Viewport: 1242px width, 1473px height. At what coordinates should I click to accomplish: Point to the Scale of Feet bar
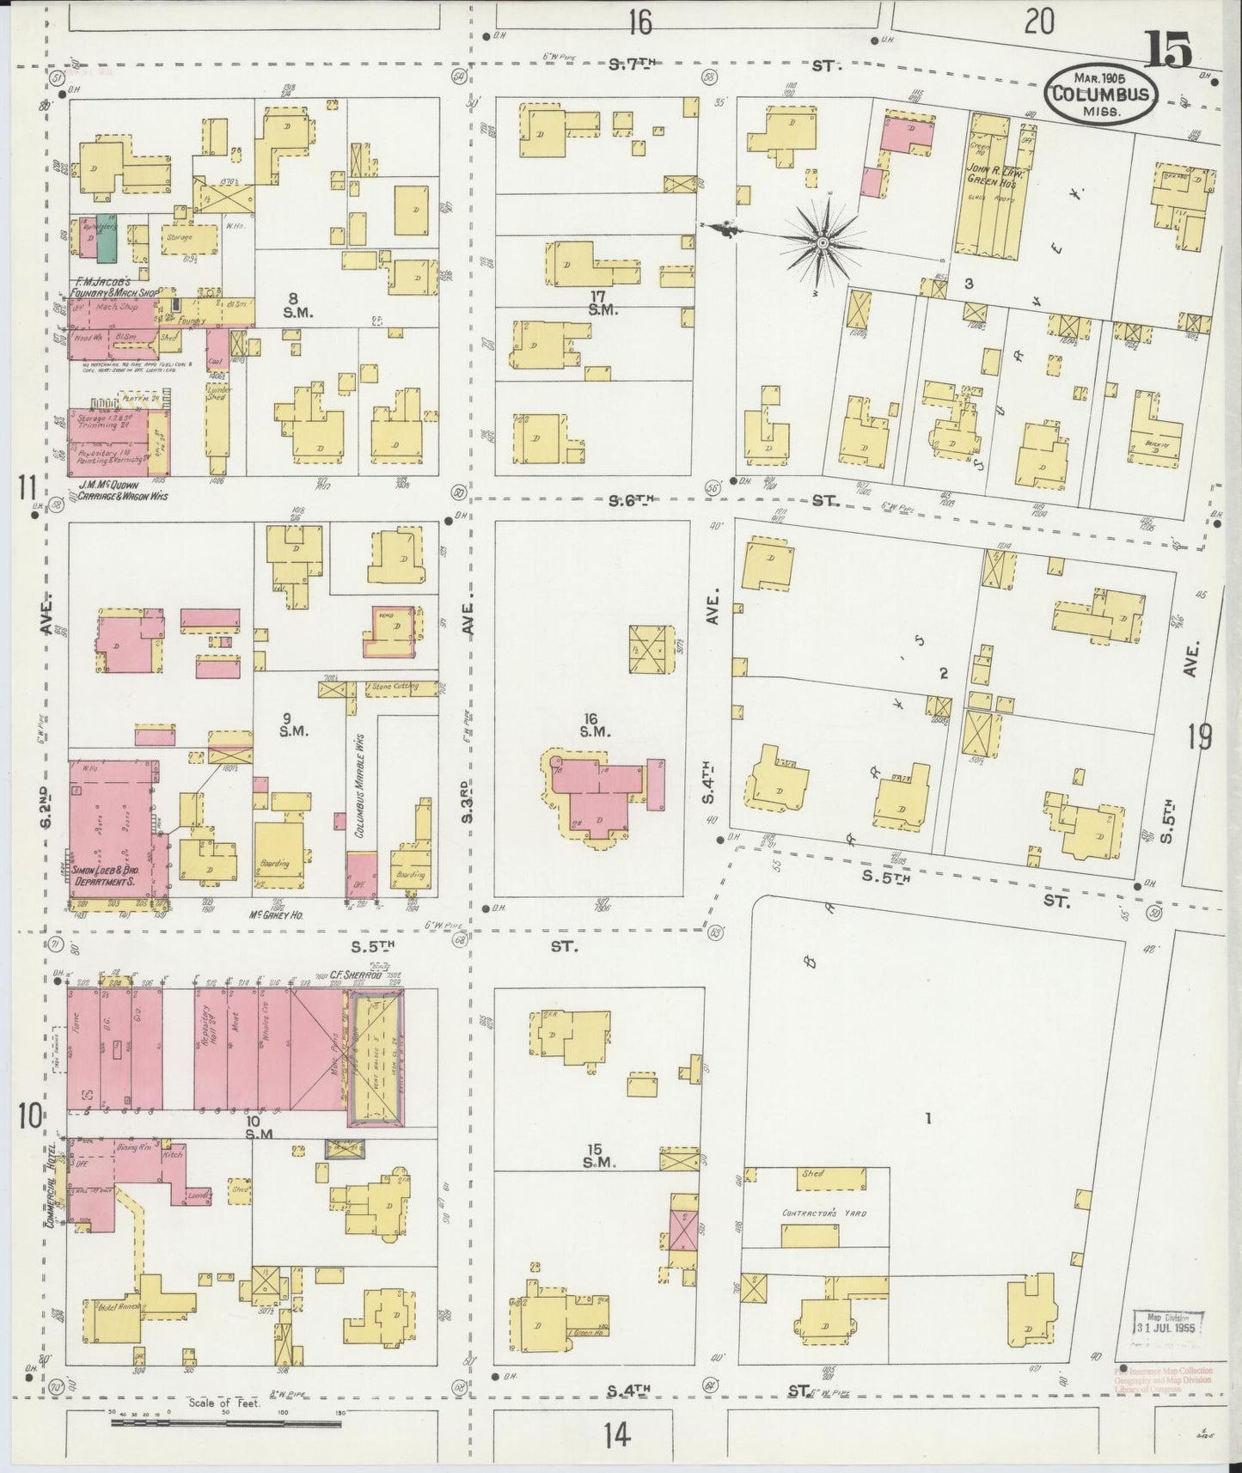225,1423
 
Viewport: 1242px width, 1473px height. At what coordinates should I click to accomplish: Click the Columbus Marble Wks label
358,785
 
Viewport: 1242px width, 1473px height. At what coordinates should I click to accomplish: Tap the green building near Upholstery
107,238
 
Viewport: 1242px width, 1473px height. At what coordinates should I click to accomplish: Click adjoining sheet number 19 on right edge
1200,736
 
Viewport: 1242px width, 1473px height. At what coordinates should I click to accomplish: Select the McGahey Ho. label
276,915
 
